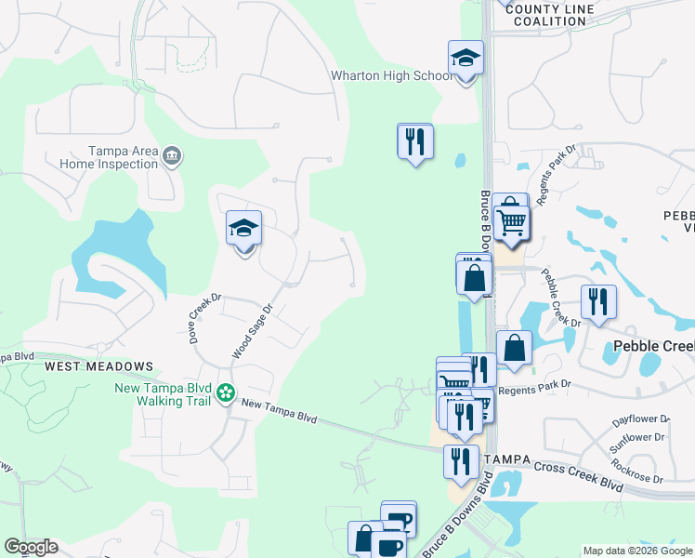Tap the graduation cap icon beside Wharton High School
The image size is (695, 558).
click(466, 60)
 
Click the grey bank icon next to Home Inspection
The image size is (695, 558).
click(171, 156)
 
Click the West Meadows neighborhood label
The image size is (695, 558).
click(98, 366)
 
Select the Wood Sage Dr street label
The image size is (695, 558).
click(253, 331)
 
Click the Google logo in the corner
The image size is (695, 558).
click(31, 547)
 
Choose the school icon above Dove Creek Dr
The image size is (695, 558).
click(243, 229)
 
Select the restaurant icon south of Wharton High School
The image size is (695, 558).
click(414, 141)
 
